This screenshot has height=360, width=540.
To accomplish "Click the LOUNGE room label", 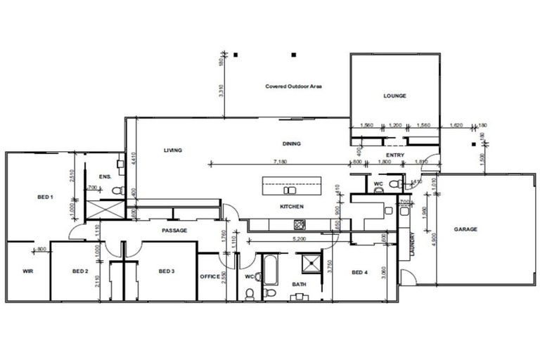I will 394,96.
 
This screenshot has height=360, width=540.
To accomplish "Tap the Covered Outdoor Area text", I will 293,86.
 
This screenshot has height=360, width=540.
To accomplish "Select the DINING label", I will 291,143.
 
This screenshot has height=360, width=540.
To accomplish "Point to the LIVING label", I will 173,150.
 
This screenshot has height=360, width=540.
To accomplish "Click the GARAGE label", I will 465,229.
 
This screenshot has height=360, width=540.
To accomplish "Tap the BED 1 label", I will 45,198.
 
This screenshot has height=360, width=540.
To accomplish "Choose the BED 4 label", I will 359,272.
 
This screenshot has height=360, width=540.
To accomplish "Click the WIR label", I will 28,271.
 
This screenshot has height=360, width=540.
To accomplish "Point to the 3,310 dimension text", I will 221,91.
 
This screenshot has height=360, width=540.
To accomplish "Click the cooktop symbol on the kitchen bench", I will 298,225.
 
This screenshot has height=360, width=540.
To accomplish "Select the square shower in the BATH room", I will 309,264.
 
